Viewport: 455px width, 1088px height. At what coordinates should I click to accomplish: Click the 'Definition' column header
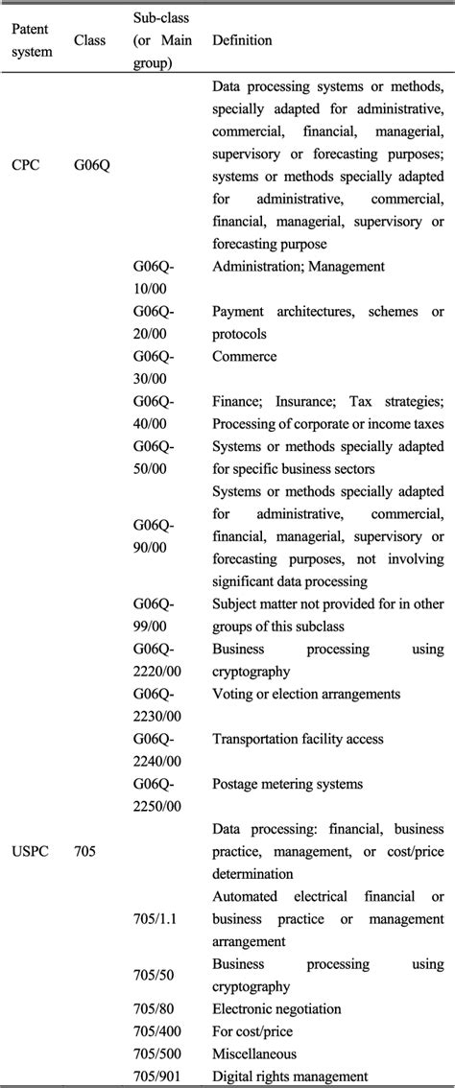point(242,40)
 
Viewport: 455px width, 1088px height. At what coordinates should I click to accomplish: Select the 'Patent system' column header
point(32,40)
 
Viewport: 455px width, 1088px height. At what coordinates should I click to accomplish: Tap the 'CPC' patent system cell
point(28,164)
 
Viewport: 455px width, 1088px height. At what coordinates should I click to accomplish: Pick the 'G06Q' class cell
point(92,164)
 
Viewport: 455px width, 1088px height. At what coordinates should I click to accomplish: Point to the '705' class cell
point(84,850)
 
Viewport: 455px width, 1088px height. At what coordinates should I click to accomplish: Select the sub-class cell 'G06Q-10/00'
point(154,275)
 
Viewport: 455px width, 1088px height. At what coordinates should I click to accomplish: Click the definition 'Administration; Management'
point(298,267)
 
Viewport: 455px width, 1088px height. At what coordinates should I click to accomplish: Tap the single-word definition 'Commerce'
point(244,357)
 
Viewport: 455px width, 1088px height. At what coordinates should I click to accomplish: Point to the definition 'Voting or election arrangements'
point(306,694)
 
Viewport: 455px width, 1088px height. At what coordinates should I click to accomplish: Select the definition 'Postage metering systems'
point(287,784)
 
